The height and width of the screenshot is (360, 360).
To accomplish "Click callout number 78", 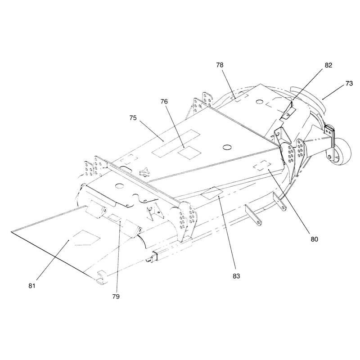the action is tap(220, 65).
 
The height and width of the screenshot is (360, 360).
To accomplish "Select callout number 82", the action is tap(328, 65).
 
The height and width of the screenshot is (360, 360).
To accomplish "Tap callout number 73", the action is tap(349, 84).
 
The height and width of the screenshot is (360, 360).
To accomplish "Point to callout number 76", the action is tap(164, 102).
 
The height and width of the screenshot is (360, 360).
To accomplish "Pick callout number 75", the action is tap(133, 118).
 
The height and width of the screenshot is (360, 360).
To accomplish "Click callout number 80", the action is tap(314, 239).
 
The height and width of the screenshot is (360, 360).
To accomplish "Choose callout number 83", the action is tap(236, 276).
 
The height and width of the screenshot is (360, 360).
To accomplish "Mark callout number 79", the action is tap(116, 297).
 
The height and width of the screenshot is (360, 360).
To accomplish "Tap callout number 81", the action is tap(32, 286).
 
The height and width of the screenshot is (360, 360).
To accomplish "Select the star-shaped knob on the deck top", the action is tap(144, 172).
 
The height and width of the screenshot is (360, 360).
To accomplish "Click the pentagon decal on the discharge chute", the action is tap(86, 238).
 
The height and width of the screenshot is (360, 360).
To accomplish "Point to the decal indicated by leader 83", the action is tap(211, 193).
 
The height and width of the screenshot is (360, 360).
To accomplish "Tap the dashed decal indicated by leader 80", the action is tap(262, 165).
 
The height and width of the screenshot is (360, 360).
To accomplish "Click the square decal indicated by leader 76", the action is tap(189, 153).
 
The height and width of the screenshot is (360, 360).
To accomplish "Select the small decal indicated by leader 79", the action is tap(114, 217).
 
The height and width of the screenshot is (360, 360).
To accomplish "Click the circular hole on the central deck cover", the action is tap(227, 147).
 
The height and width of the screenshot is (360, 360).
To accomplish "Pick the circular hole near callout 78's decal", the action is tap(260, 101).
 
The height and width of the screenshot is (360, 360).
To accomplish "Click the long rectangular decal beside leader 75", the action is tap(176, 143).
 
